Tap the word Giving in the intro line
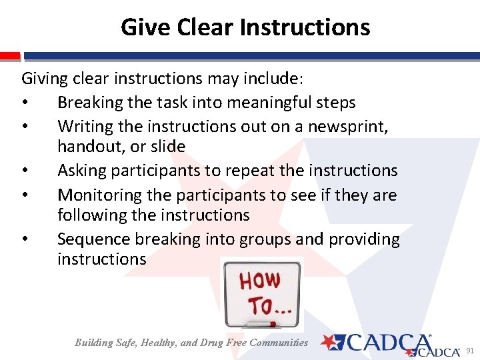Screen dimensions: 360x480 45,79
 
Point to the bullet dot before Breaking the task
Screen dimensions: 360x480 25,103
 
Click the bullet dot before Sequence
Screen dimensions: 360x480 25,239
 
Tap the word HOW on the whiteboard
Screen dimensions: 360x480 261,281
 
